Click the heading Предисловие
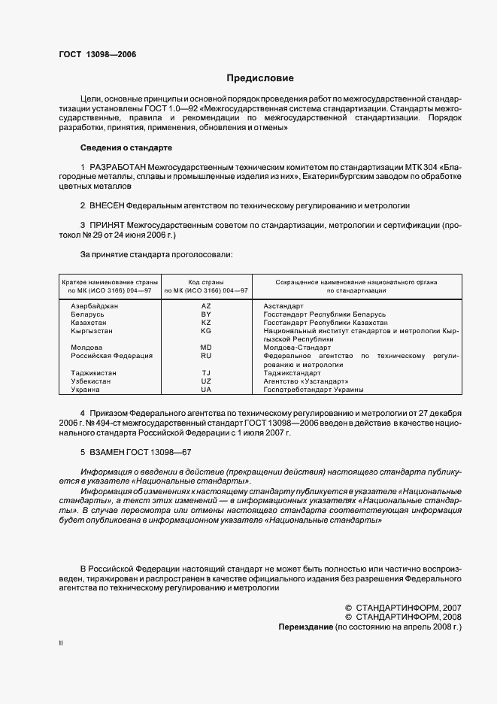260,78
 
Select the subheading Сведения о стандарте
126,147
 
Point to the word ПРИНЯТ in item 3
108,224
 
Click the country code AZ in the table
206,306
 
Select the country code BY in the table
206,314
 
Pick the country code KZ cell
206,323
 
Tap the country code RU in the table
206,356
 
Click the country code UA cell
206,390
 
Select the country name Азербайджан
95,306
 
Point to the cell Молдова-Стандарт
297,347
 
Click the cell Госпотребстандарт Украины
314,390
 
